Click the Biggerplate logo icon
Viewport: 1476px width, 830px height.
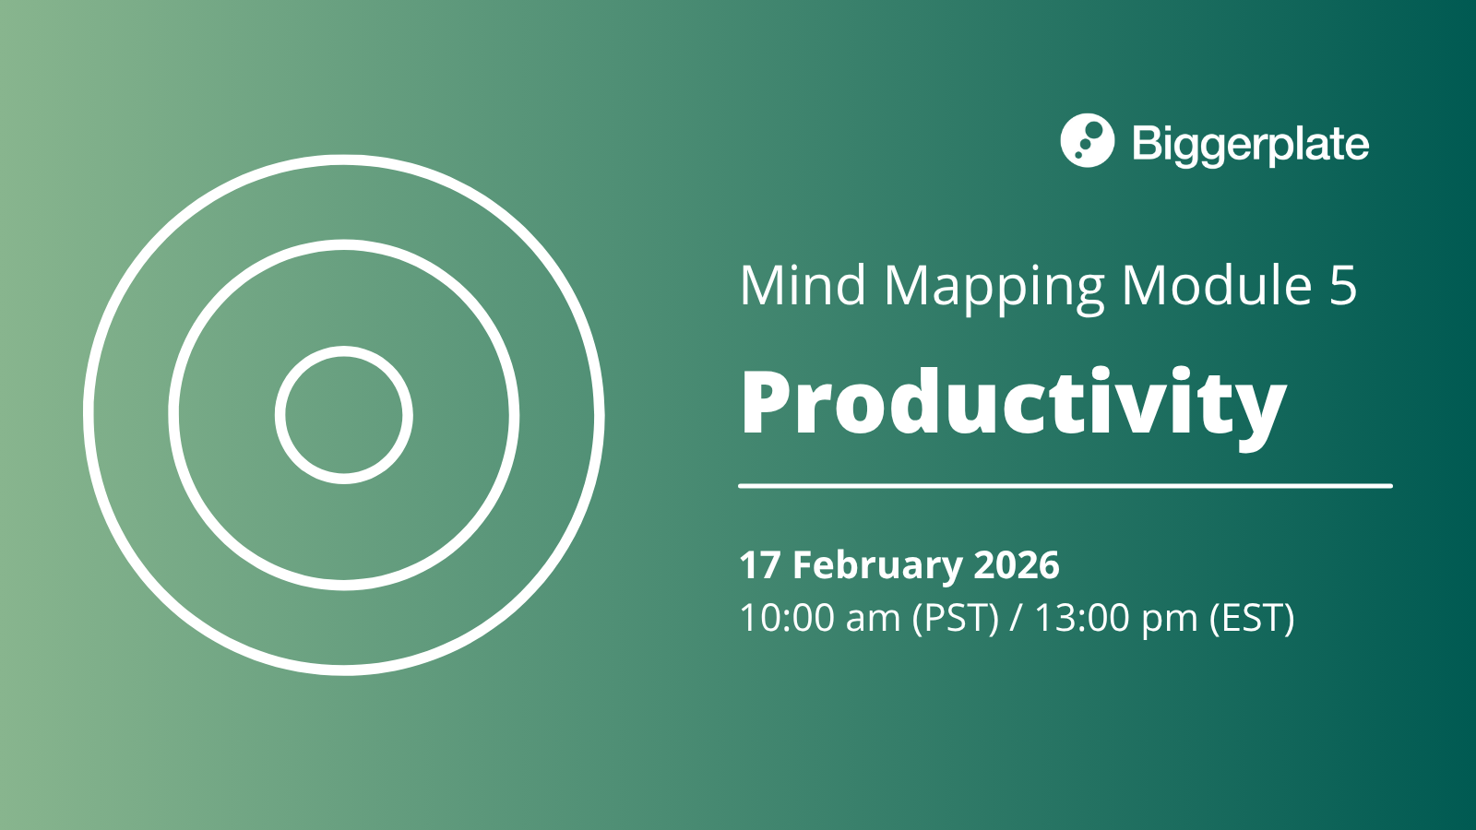coord(1088,140)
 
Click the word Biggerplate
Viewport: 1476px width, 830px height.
coord(1251,144)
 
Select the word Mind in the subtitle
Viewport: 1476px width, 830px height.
coord(803,285)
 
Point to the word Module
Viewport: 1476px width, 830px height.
coord(1217,285)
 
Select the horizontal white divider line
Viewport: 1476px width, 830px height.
coord(1065,486)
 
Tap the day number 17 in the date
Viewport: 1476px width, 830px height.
coord(760,565)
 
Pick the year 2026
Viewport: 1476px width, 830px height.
coord(1017,565)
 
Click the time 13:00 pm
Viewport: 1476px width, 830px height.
coord(1116,618)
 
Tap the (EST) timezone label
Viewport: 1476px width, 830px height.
coord(1252,619)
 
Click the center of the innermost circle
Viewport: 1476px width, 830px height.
coord(344,415)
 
